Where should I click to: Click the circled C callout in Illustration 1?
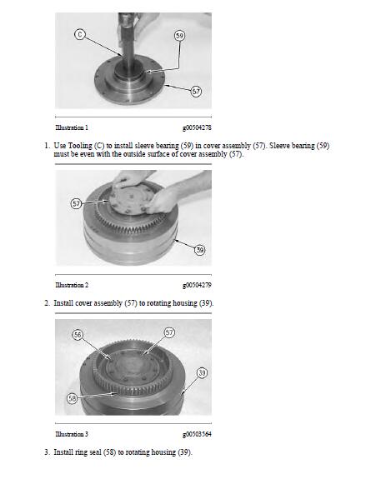[80, 34]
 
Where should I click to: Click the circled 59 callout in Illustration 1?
[179, 36]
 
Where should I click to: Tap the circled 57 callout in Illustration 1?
[196, 92]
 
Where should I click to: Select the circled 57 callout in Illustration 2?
[77, 203]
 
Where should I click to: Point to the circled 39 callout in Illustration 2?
[200, 250]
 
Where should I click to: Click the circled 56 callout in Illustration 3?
[78, 335]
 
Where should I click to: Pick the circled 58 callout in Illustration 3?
[73, 398]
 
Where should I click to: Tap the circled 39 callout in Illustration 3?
[202, 373]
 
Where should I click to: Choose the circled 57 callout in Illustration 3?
[169, 332]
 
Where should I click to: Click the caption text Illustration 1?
[72, 127]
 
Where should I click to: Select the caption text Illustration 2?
[72, 285]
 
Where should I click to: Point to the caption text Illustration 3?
[72, 434]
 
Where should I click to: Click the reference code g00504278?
[197, 127]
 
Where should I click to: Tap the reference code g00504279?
[197, 285]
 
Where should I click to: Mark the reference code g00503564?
[197, 434]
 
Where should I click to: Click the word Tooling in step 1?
[80, 146]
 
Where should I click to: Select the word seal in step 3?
[95, 452]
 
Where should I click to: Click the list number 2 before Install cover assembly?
[47, 303]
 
